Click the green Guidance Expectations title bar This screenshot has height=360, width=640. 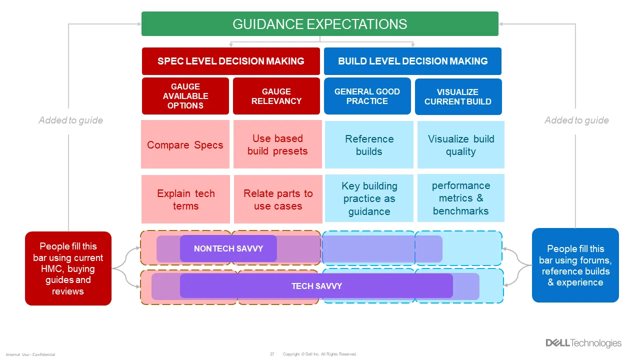tap(320, 24)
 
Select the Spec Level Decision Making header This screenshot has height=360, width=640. tap(230, 61)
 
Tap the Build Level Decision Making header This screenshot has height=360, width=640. tap(412, 61)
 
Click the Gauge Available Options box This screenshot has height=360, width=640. tap(185, 96)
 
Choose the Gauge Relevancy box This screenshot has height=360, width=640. tap(276, 96)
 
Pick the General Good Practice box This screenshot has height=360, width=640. tap(367, 96)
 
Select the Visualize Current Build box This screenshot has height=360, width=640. tap(458, 96)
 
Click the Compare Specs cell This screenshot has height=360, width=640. tap(185, 145)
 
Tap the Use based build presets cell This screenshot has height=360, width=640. tap(277, 145)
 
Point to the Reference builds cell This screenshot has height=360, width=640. tap(369, 145)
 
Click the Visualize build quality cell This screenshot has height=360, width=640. tap(460, 145)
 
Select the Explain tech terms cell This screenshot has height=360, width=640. tap(185, 199)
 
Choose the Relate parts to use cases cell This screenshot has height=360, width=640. tap(278, 199)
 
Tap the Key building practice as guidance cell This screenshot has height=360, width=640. tap(369, 198)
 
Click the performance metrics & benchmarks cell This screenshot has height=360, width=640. tap(460, 198)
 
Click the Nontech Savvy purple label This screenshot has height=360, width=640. tap(228, 248)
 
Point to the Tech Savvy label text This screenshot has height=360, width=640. tap(316, 286)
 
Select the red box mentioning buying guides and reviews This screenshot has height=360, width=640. tap(68, 268)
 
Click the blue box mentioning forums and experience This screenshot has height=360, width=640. tap(575, 265)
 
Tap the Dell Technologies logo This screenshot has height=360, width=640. tap(583, 343)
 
